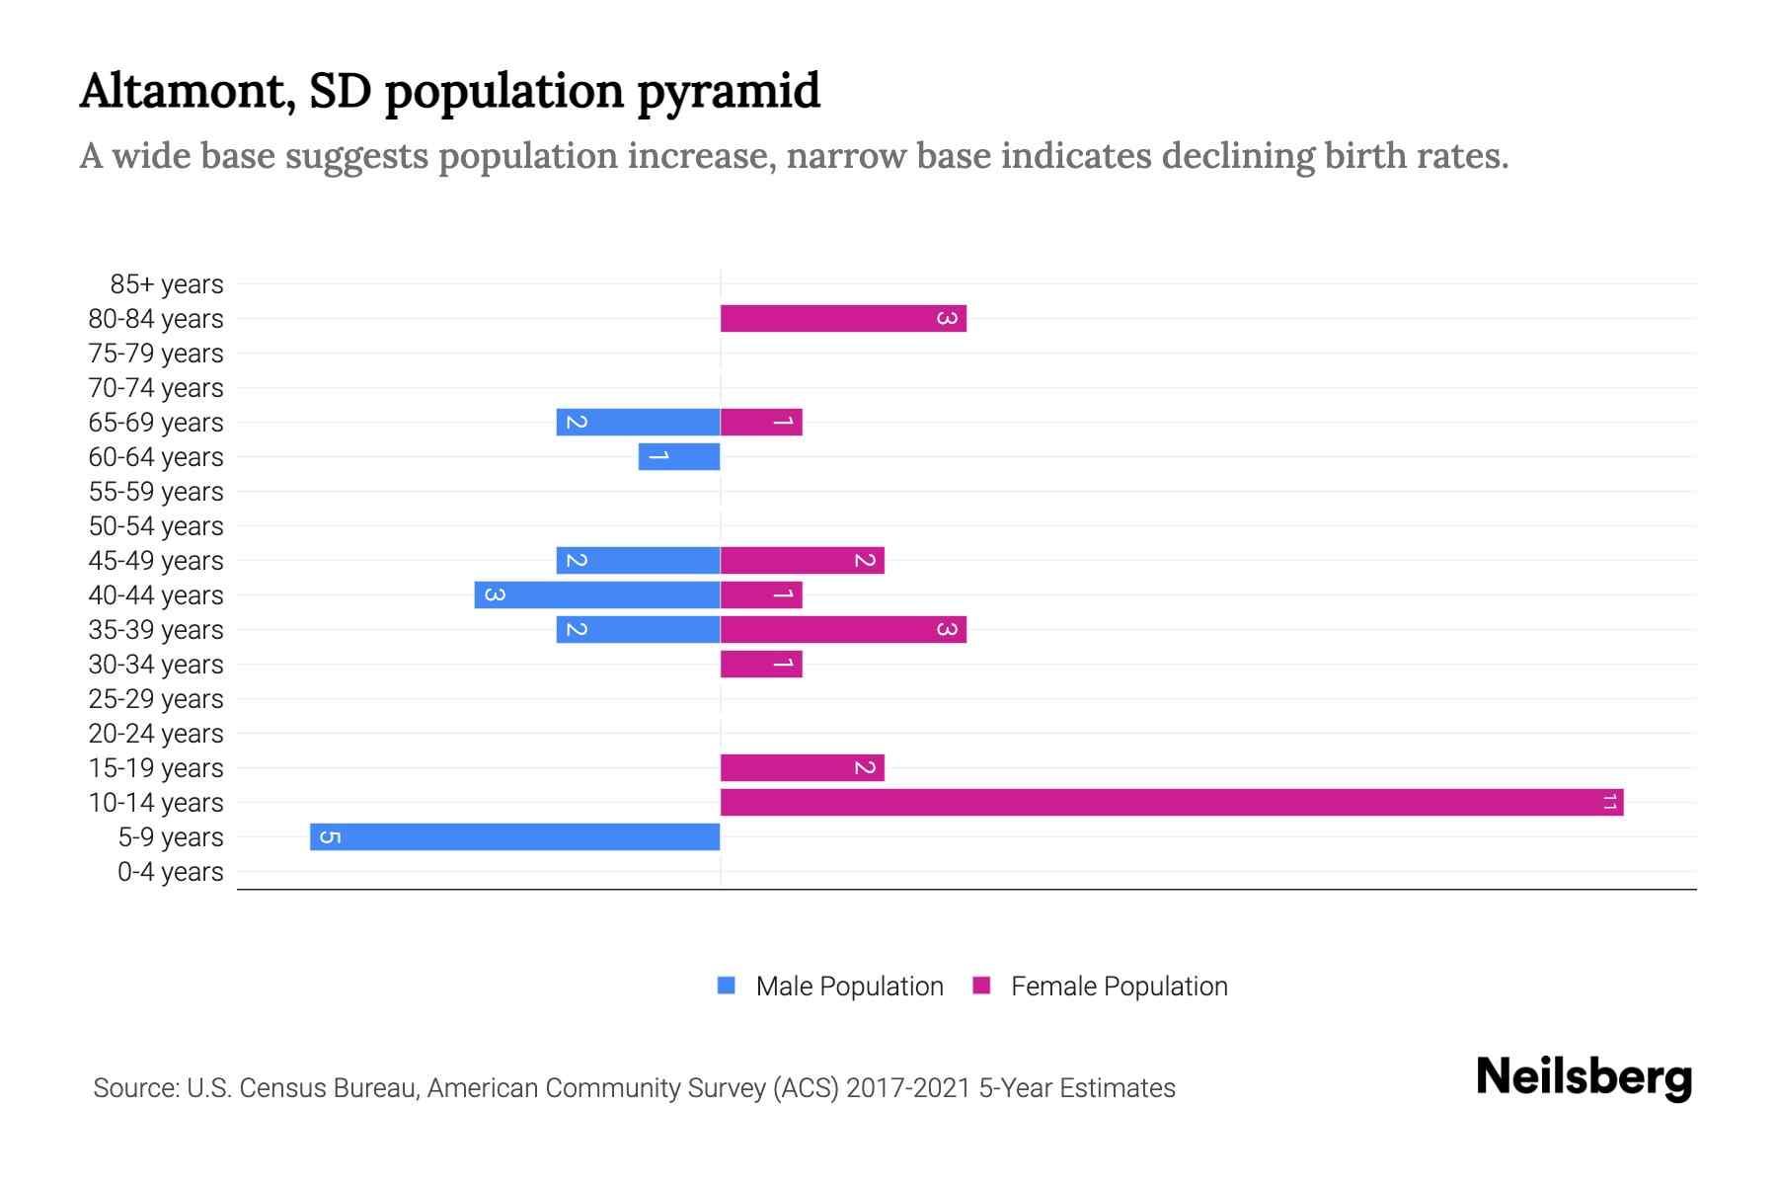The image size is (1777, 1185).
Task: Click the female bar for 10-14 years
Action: [x=1172, y=802]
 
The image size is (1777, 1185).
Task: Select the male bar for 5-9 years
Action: [x=514, y=836]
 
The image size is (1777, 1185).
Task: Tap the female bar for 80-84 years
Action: [x=843, y=318]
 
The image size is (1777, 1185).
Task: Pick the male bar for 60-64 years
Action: [x=679, y=456]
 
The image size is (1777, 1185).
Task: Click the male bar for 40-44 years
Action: [x=597, y=594]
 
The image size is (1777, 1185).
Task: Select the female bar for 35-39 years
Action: [x=843, y=629]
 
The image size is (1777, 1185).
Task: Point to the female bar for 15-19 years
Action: [x=802, y=767]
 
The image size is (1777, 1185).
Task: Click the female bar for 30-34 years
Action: [x=761, y=664]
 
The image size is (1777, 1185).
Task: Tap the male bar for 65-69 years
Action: [x=638, y=422]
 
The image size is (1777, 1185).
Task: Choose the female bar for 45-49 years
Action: [x=802, y=560]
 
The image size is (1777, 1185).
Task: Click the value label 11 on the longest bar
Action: [x=1609, y=802]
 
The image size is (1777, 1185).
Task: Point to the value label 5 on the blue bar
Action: [x=331, y=837]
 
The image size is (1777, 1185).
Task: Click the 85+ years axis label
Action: [x=167, y=284]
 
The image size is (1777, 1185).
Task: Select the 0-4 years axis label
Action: [x=170, y=872]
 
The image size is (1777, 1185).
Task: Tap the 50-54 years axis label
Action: [x=156, y=526]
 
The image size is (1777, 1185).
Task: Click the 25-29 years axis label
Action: [x=156, y=699]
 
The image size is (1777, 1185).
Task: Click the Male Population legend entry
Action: [x=849, y=987]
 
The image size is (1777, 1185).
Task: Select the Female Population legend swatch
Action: [x=981, y=986]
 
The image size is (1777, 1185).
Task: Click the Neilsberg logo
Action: [x=1584, y=1077]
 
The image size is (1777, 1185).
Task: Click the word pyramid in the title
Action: [x=728, y=92]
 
